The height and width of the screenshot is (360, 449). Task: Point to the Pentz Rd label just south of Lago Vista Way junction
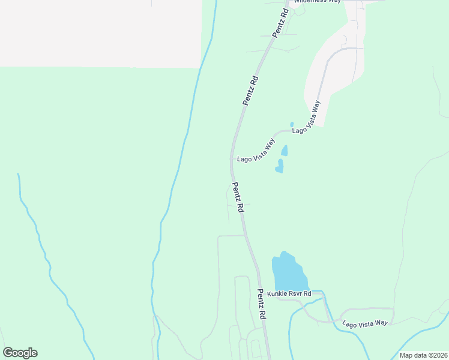[238, 197]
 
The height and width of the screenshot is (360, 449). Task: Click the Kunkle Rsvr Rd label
[289, 294]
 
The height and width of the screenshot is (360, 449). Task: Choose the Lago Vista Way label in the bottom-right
[365, 323]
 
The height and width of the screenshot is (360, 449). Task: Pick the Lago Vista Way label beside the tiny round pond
[306, 117]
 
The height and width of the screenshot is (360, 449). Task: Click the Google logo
[20, 353]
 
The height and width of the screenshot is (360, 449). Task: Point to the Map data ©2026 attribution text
[424, 355]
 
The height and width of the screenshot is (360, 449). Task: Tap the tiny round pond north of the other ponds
[292, 125]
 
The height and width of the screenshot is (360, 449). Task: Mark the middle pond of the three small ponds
[285, 150]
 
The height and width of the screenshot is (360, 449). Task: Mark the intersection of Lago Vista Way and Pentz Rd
[232, 159]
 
